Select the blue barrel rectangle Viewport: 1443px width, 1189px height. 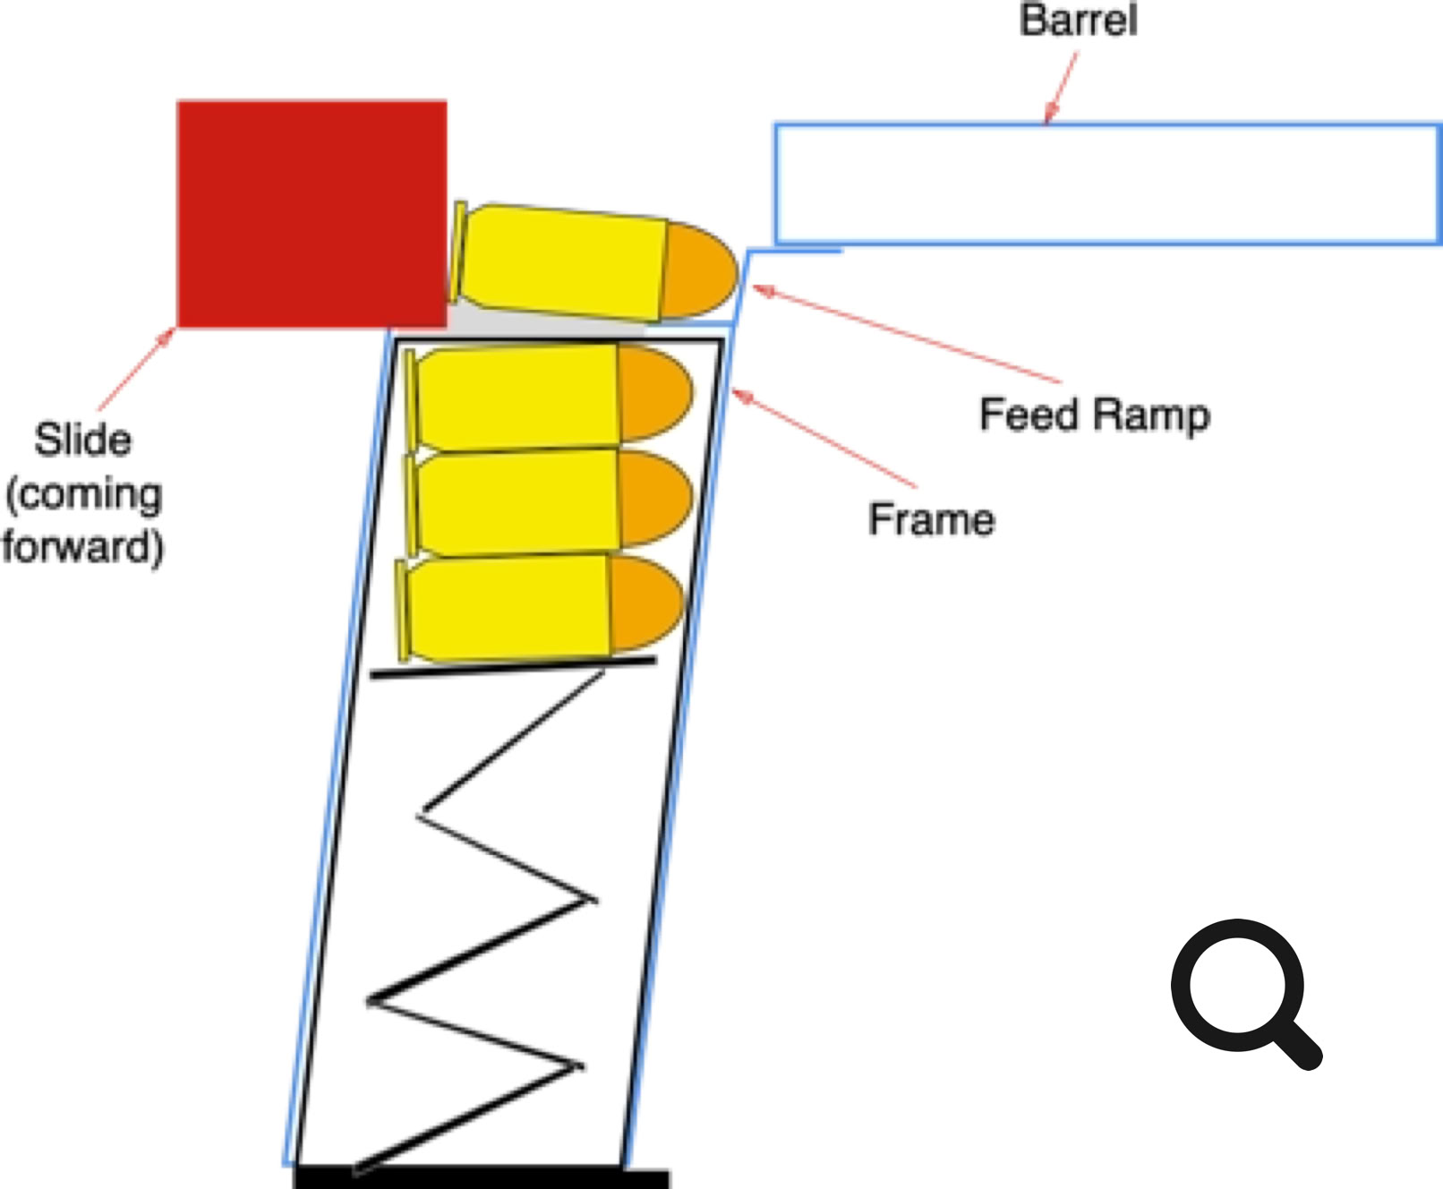[1106, 184]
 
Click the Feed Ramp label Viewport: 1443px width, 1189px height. [1094, 415]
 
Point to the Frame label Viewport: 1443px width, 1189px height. [931, 520]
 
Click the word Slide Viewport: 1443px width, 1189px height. [82, 440]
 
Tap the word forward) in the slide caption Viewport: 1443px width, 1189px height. [82, 546]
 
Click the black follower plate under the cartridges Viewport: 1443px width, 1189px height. [512, 667]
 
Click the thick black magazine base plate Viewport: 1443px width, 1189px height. [482, 1178]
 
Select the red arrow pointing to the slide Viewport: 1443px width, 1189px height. [136, 370]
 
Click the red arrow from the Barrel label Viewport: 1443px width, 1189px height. [1063, 87]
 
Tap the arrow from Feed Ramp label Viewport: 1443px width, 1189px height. [904, 334]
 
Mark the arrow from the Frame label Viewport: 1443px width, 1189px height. [824, 439]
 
